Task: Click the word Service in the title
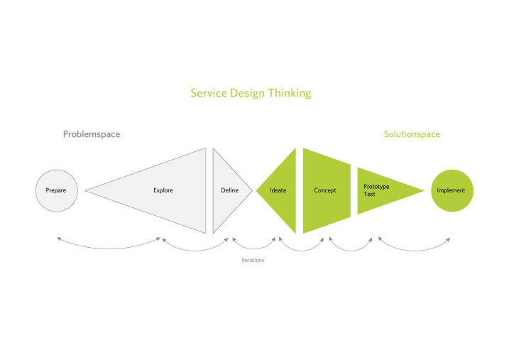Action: pos(209,93)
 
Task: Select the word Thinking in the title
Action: pos(290,93)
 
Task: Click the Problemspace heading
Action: pos(92,134)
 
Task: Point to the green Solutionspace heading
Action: pos(412,134)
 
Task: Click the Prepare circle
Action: pos(56,190)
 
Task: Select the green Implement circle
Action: pos(452,190)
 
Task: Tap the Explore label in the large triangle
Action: pos(163,190)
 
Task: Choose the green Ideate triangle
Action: pos(279,190)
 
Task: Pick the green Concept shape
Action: pos(326,190)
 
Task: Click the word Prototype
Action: pos(376,187)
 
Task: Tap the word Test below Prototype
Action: pos(369,194)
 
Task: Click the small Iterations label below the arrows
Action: pos(253,261)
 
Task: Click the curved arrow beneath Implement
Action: pos(415,248)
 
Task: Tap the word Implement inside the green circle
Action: pos(451,190)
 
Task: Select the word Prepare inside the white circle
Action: pos(56,190)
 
